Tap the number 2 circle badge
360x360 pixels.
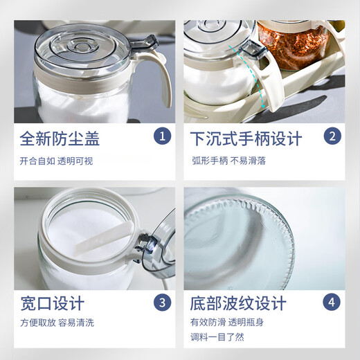point(332,136)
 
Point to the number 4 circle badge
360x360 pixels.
point(332,303)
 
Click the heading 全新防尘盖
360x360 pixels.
point(60,138)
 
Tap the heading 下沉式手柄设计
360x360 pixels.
point(246,138)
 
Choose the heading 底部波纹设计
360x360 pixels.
point(238,304)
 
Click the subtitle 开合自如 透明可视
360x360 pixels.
point(56,161)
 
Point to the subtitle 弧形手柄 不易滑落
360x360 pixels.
point(229,161)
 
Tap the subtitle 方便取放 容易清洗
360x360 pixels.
point(56,323)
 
